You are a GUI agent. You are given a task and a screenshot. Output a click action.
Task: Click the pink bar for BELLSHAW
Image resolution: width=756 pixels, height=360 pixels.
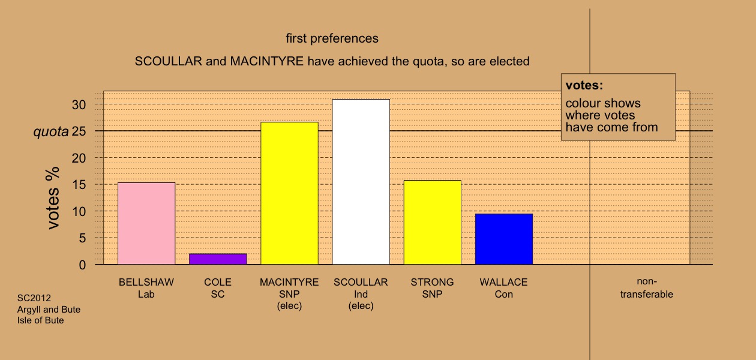click(146, 223)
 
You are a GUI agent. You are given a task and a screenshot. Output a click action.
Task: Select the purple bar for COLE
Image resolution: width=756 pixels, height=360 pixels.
click(218, 259)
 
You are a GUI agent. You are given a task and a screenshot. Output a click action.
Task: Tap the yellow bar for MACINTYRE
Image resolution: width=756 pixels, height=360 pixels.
click(290, 193)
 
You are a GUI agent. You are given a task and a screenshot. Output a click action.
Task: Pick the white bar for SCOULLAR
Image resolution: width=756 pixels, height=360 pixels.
click(361, 182)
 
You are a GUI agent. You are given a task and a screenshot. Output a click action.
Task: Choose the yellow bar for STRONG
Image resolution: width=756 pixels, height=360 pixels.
click(433, 223)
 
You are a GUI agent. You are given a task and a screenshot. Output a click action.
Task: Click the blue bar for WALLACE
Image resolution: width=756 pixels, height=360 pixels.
click(504, 239)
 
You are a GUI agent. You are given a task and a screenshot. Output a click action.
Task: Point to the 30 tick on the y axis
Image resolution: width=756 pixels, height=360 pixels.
click(79, 105)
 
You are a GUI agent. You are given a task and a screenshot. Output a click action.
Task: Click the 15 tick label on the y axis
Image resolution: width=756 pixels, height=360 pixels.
click(79, 185)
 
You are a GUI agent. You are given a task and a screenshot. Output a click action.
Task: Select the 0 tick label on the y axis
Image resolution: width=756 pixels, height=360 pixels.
click(82, 265)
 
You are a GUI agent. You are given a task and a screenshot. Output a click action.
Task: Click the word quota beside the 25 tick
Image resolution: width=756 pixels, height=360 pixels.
click(51, 132)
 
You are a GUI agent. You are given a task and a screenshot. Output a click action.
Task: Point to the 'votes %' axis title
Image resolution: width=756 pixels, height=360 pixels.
click(53, 198)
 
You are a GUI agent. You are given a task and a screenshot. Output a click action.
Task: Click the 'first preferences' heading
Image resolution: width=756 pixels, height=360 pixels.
click(332, 38)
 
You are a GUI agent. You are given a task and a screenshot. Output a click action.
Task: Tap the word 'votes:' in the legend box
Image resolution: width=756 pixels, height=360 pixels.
click(584, 85)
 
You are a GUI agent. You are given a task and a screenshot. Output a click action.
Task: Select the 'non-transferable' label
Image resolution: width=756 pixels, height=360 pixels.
click(647, 288)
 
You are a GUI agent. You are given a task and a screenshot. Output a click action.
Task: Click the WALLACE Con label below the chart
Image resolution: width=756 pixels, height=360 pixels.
click(503, 288)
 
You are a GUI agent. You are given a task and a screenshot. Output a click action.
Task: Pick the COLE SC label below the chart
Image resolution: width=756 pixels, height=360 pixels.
click(218, 288)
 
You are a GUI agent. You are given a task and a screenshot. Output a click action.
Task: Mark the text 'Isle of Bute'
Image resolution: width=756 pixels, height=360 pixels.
click(41, 320)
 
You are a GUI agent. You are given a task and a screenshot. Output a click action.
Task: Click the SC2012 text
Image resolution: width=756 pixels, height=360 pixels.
click(34, 298)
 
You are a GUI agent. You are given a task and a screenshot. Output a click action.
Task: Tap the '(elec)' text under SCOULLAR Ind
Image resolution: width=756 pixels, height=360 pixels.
click(361, 305)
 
